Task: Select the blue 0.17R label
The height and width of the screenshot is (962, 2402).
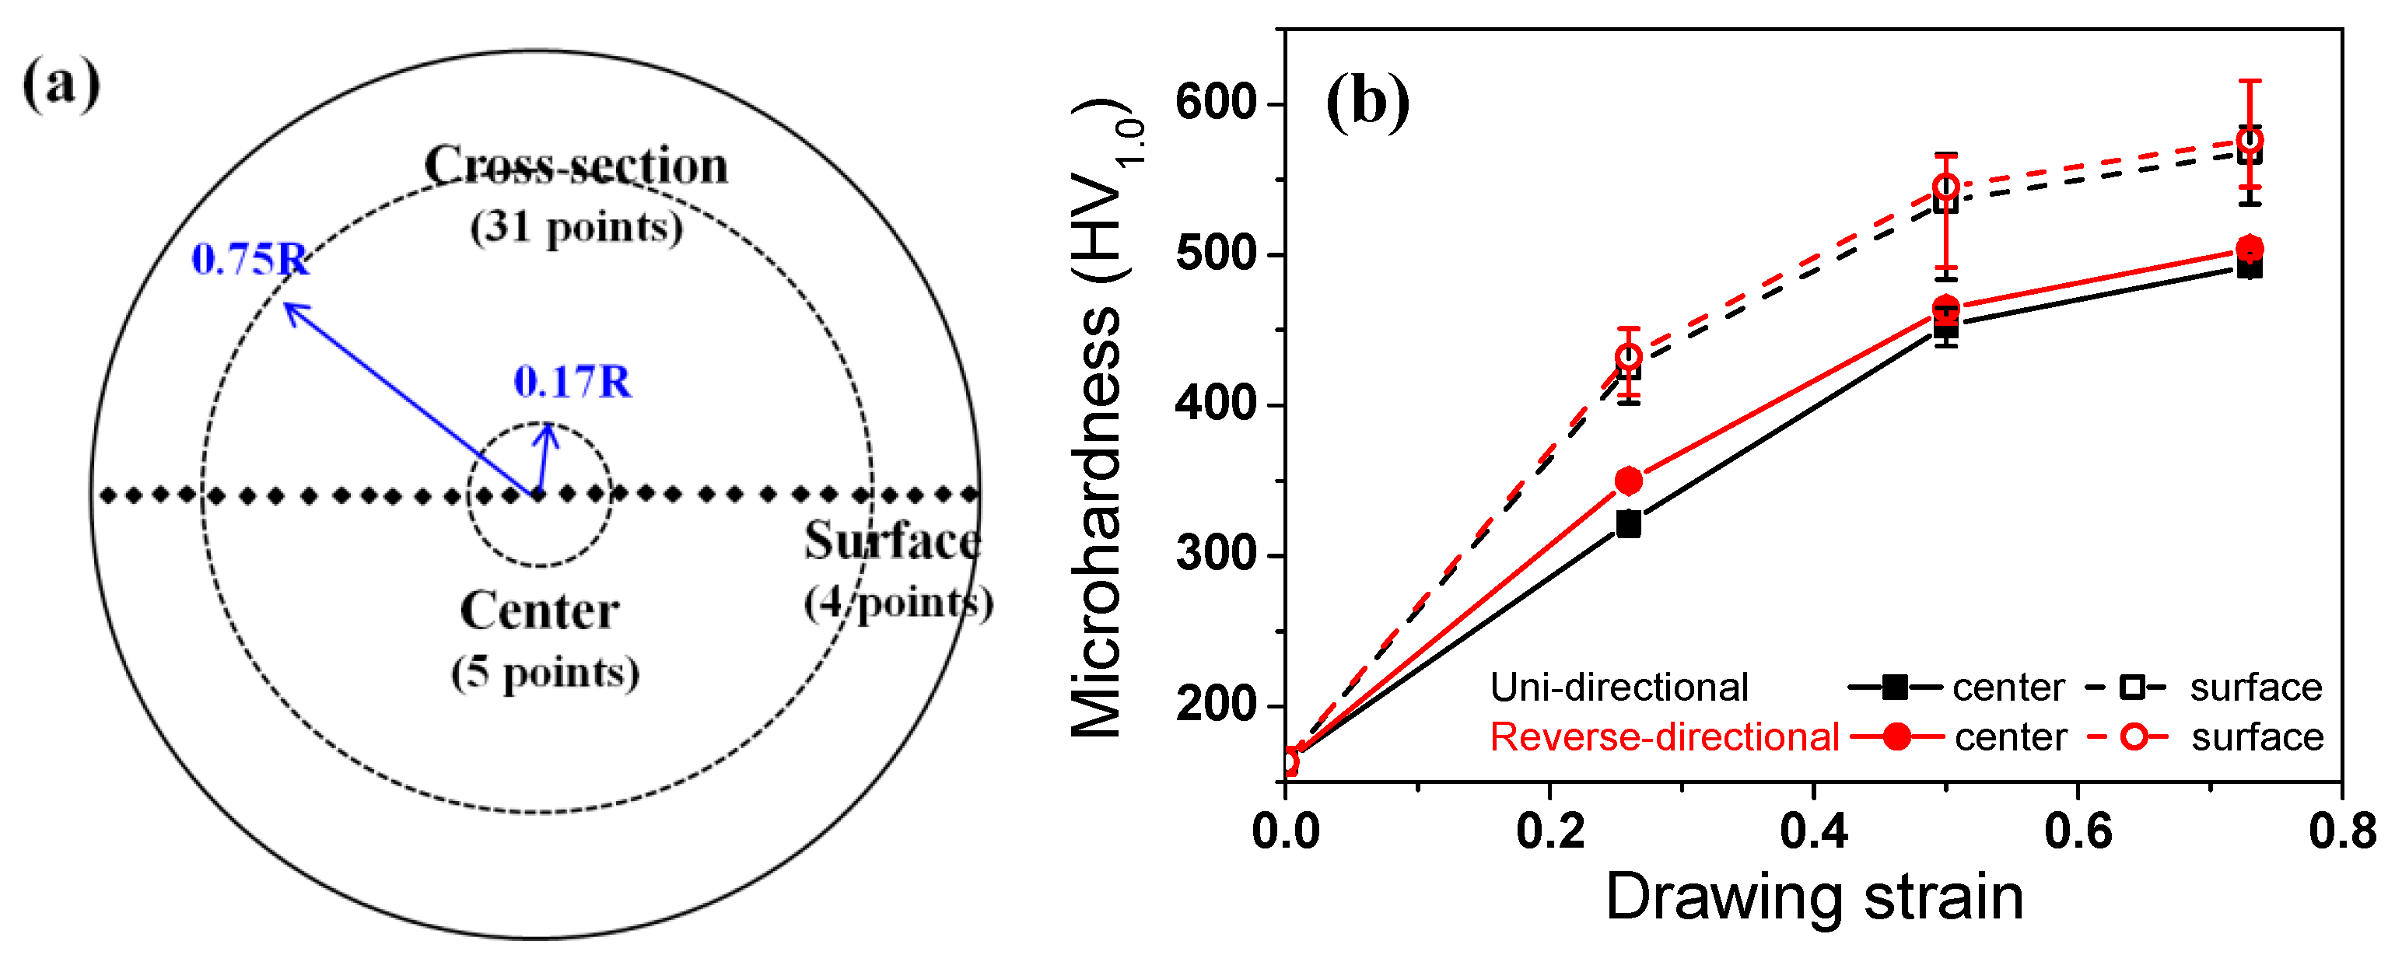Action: [572, 382]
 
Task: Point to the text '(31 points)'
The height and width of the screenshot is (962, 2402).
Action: [576, 227]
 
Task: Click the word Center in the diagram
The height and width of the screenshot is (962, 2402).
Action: [540, 611]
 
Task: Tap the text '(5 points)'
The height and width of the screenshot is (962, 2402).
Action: [545, 673]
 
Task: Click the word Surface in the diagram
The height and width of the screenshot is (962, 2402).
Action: [892, 540]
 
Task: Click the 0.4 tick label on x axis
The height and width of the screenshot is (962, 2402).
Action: [1814, 831]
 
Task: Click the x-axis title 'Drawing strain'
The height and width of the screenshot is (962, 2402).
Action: [1814, 897]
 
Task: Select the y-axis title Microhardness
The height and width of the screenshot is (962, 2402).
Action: [1098, 522]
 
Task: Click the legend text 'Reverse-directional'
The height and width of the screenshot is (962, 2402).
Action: [1665, 737]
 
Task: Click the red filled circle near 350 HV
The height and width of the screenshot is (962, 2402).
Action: [1628, 481]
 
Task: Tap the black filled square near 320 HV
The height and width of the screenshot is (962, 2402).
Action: [1628, 524]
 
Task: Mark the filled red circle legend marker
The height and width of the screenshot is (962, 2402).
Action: [1896, 737]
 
